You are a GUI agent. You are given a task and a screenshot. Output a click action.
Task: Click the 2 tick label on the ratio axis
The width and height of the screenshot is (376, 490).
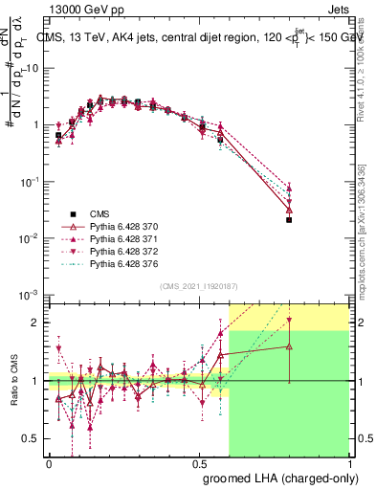(x=38, y=323)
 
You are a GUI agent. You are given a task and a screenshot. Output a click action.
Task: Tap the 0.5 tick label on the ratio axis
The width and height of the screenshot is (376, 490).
(x=33, y=439)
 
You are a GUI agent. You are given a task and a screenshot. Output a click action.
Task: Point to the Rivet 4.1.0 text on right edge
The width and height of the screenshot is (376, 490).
(x=362, y=67)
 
